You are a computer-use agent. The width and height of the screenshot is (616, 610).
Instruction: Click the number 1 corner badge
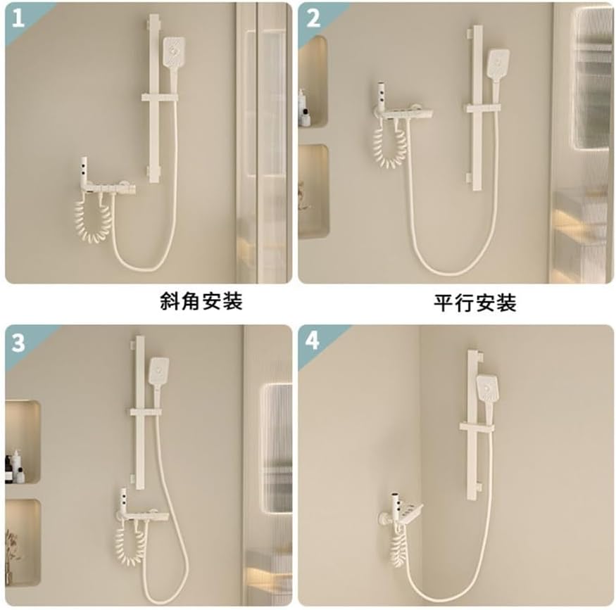click(18, 18)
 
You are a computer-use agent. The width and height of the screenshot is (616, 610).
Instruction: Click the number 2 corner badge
click(313, 18)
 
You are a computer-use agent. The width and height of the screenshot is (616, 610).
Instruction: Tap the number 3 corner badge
click(19, 342)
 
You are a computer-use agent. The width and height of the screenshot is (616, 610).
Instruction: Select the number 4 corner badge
click(313, 341)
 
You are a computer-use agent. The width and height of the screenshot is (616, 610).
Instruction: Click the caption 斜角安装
click(201, 302)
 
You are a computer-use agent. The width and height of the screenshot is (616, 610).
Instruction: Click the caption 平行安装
click(474, 303)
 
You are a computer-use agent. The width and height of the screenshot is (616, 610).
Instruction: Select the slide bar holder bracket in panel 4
click(482, 427)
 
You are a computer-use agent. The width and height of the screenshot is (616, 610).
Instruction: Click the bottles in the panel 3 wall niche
click(14, 466)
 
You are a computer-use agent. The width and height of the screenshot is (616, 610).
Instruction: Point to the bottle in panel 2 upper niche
click(302, 109)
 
